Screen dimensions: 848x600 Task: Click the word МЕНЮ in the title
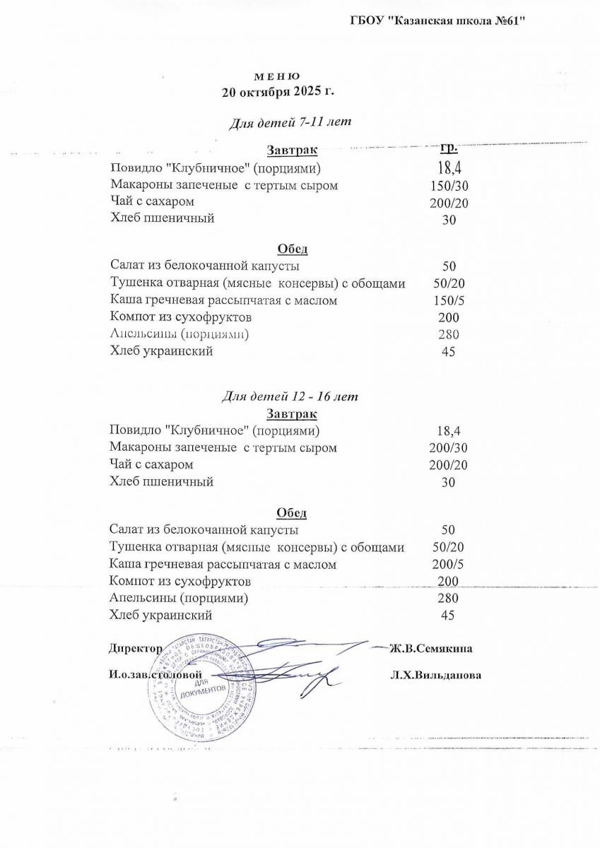277,76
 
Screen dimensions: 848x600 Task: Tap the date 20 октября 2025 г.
277,92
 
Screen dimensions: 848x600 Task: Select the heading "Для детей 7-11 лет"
290,122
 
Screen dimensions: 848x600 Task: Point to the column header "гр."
449,148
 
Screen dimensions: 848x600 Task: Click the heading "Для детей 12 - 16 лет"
290,396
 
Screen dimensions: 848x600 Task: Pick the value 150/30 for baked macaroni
449,186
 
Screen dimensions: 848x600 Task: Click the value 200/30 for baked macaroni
448,448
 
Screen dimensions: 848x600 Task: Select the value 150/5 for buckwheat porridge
449,300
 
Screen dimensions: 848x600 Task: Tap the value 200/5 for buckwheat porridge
448,565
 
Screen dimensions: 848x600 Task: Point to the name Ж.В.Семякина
431,648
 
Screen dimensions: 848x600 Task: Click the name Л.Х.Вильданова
435,676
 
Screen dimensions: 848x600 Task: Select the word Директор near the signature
136,648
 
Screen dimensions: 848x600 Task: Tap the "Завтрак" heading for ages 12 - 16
292,414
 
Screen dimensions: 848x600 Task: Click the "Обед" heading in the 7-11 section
292,249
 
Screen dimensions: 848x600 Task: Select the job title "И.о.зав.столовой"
160,675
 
